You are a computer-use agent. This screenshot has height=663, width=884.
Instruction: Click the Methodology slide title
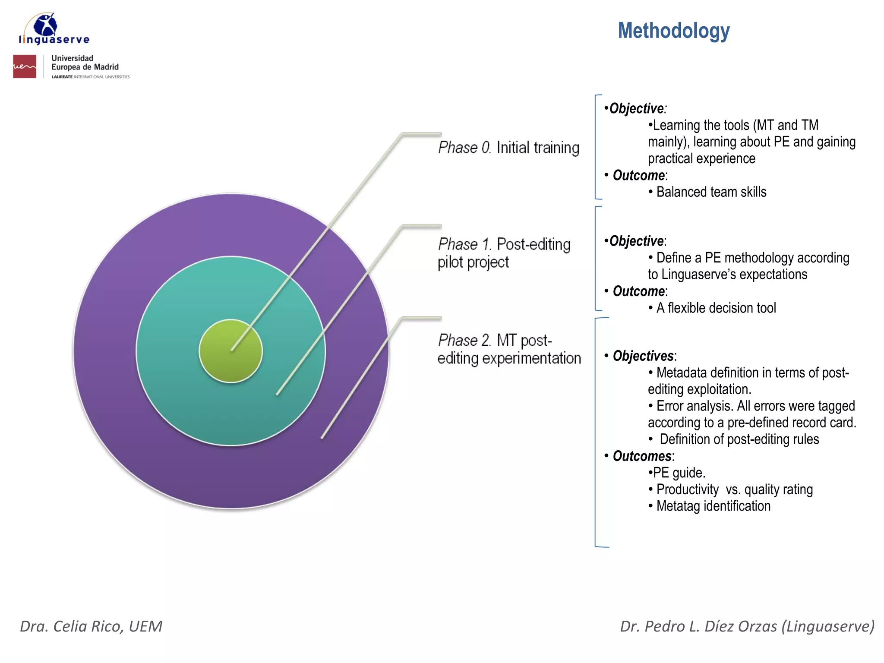point(673,31)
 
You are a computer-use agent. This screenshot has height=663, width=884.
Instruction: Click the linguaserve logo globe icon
point(45,25)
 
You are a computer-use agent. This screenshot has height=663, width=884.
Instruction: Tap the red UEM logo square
point(25,66)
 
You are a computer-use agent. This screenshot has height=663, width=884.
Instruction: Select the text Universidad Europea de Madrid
point(85,63)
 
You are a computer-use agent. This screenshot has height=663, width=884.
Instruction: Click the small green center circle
point(230,350)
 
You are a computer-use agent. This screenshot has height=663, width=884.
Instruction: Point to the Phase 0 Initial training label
point(508,148)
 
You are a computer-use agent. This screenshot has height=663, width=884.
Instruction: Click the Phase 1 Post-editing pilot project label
point(503,253)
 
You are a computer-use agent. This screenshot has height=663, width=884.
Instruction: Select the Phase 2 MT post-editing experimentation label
point(509,349)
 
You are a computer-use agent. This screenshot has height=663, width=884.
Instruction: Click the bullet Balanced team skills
point(711,192)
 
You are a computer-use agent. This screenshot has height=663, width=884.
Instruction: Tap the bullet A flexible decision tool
point(716,308)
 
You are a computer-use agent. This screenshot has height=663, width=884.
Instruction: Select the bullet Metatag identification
point(713,506)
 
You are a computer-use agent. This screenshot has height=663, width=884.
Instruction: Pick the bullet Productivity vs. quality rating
point(734,489)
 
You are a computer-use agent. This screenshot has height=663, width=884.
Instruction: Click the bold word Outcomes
point(642,456)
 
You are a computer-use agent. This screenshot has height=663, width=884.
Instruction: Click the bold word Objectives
point(643,356)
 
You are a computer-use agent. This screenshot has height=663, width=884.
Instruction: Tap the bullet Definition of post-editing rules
point(739,439)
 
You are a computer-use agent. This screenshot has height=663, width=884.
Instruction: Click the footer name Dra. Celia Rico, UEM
point(91,626)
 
